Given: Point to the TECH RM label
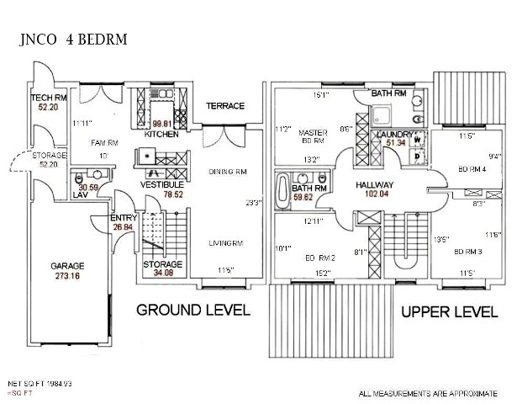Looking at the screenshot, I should pos(48,98).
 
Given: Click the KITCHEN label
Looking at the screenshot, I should pos(161,134).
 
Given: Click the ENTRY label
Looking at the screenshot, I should pos(124,218).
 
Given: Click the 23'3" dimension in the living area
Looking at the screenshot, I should pos(253,202).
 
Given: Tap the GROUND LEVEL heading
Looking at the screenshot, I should pos(193,310).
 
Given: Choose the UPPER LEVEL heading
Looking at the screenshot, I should pos(448,311).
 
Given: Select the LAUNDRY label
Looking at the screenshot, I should pos(393,135).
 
